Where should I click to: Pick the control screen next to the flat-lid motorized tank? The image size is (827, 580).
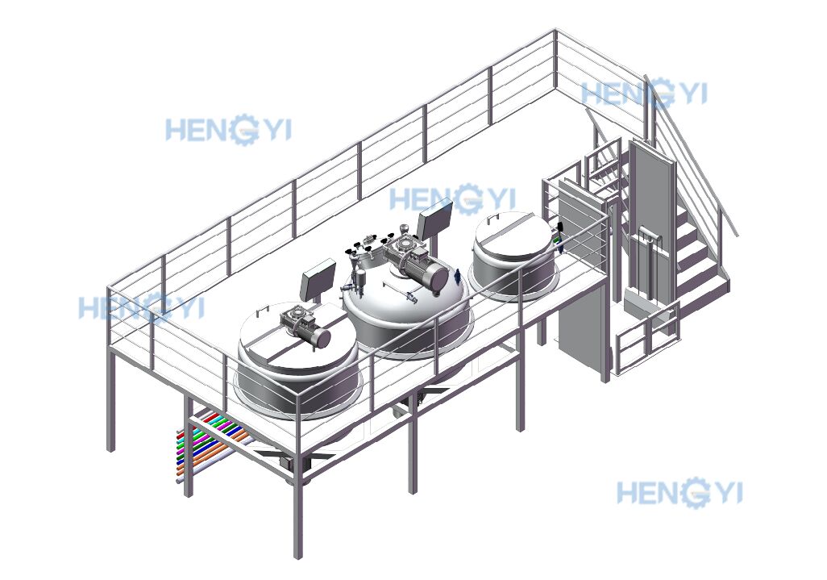(318, 279)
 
